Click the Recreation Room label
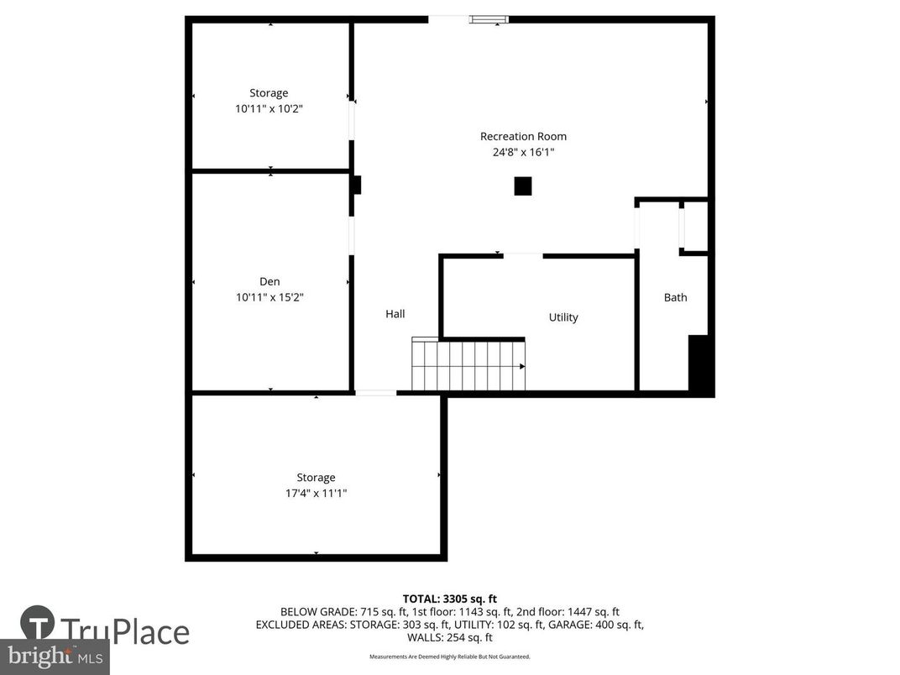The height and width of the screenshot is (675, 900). (523, 136)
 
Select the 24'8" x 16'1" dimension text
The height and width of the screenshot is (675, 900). (523, 152)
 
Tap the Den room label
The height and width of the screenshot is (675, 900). (269, 281)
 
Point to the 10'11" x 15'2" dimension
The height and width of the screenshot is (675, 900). (269, 296)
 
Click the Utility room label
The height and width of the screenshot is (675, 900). (563, 317)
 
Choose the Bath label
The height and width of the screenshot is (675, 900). (675, 297)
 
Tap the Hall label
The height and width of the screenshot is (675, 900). (395, 314)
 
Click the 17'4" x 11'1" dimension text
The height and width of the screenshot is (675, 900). (315, 494)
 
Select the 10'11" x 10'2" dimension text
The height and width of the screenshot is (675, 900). (269, 108)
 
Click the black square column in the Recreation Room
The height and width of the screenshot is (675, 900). (523, 186)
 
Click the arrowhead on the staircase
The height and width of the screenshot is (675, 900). (521, 366)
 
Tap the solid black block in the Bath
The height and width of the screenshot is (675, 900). (699, 364)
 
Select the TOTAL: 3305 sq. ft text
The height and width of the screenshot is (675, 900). (449, 599)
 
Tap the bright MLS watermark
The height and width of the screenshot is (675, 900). (55, 656)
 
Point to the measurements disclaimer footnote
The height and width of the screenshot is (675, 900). (449, 657)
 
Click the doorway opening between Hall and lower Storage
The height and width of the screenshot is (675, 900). (375, 392)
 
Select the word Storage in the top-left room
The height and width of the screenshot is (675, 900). (269, 93)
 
